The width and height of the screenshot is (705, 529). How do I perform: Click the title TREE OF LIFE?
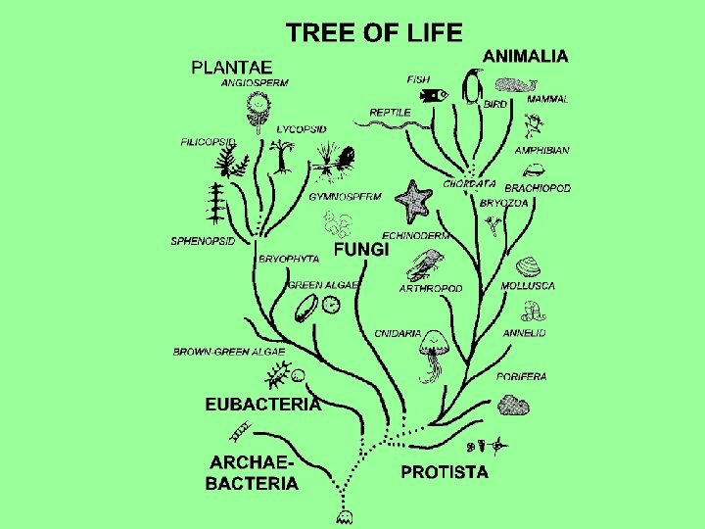click(373, 33)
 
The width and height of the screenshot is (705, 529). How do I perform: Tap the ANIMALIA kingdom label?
click(525, 57)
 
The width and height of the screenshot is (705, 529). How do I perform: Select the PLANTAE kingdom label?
click(231, 68)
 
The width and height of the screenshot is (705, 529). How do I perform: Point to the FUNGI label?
click(361, 250)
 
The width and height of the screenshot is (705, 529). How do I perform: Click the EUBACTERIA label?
click(262, 404)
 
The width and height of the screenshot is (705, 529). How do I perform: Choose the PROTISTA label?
click(445, 472)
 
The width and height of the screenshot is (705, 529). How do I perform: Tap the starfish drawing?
click(413, 200)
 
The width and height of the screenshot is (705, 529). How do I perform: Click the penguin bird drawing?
click(474, 87)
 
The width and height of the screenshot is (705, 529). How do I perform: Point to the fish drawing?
click(433, 95)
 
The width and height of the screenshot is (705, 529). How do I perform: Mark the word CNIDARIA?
click(398, 333)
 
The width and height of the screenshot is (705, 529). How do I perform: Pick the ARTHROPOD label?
click(430, 289)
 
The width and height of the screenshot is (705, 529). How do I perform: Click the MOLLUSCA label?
click(528, 286)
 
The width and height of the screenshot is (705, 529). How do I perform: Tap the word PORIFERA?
click(521, 376)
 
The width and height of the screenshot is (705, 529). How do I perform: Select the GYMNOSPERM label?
click(345, 196)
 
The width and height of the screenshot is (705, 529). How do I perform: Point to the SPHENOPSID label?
click(203, 241)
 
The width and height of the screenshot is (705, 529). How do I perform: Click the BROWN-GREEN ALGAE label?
click(229, 351)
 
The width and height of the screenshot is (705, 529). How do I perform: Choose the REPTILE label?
click(390, 113)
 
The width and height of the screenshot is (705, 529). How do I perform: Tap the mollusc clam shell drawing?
click(528, 266)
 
